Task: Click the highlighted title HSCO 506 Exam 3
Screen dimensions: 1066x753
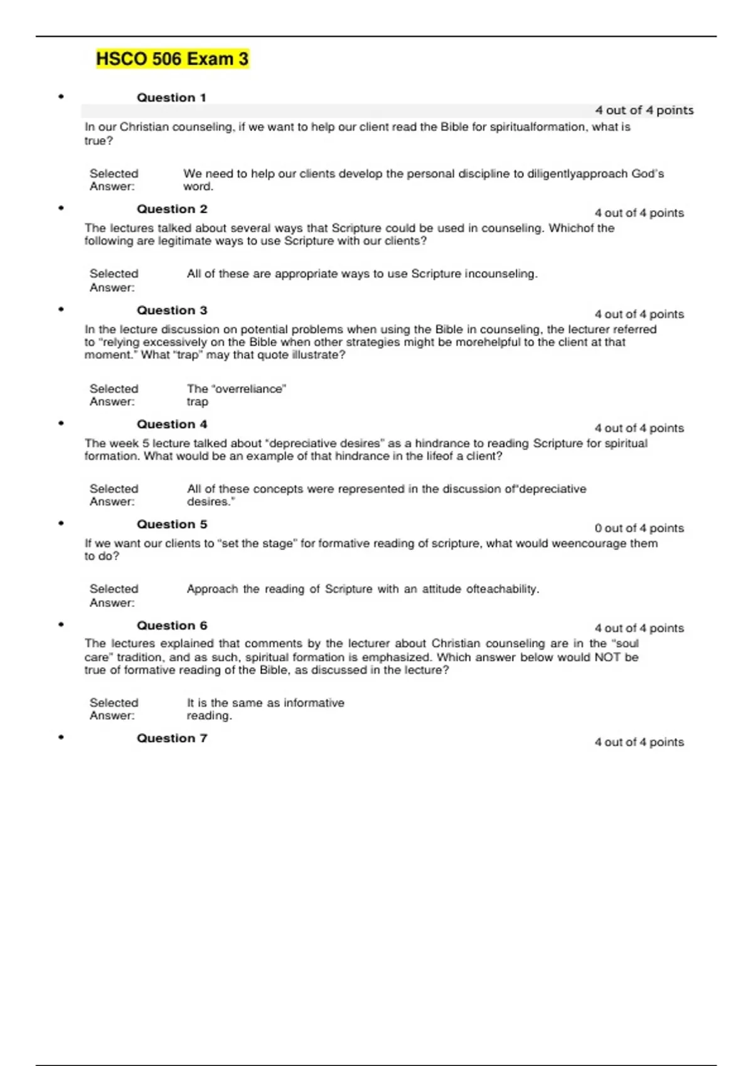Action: (172, 59)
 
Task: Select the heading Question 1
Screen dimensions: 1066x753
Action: (171, 98)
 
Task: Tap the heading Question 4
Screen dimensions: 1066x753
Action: (172, 425)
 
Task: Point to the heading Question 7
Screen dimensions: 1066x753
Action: (172, 739)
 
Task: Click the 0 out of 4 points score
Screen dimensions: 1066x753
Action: (639, 529)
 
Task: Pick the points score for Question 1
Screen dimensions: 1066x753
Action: (644, 110)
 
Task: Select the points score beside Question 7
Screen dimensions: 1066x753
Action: (639, 742)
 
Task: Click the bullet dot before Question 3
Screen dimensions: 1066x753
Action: (61, 309)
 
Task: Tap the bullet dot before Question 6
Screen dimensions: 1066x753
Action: (61, 625)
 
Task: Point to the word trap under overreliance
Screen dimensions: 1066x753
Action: (197, 403)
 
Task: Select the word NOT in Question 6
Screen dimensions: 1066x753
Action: (608, 658)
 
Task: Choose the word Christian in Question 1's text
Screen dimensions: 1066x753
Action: (144, 127)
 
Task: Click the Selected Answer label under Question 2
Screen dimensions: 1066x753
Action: (113, 281)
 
